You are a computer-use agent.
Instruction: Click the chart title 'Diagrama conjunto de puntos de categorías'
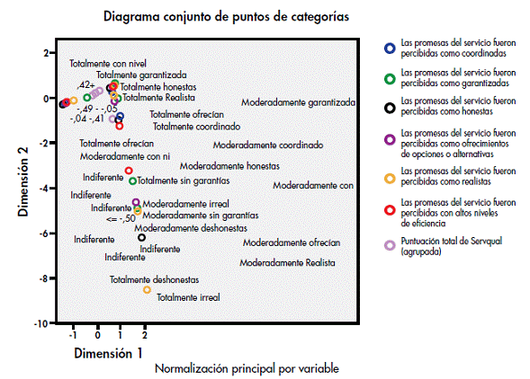pos(226,16)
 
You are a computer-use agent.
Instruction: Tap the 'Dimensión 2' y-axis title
pos(23,182)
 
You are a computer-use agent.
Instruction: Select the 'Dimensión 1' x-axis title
pos(108,353)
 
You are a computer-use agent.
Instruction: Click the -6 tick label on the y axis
pos(43,234)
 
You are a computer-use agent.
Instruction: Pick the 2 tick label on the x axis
pos(145,336)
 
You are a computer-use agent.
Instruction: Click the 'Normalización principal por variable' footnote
pos(247,368)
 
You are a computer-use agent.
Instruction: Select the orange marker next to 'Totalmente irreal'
pos(147,289)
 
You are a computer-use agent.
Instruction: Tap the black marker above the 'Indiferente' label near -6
pos(141,238)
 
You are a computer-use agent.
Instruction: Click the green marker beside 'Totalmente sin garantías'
pos(132,181)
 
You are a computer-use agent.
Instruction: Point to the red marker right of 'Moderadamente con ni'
pos(129,171)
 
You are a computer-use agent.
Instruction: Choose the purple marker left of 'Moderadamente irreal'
pos(136,202)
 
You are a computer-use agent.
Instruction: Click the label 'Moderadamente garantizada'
pos(298,102)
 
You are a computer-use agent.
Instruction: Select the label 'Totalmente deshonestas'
pos(154,280)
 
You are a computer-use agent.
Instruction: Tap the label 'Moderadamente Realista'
pos(287,263)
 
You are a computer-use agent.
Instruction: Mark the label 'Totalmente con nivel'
pos(108,64)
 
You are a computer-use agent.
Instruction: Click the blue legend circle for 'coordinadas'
pos(390,48)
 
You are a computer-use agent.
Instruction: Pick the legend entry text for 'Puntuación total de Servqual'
pos(451,246)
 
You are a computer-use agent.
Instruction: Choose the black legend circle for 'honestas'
pos(390,108)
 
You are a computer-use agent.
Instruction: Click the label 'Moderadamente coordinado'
pos(268,145)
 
